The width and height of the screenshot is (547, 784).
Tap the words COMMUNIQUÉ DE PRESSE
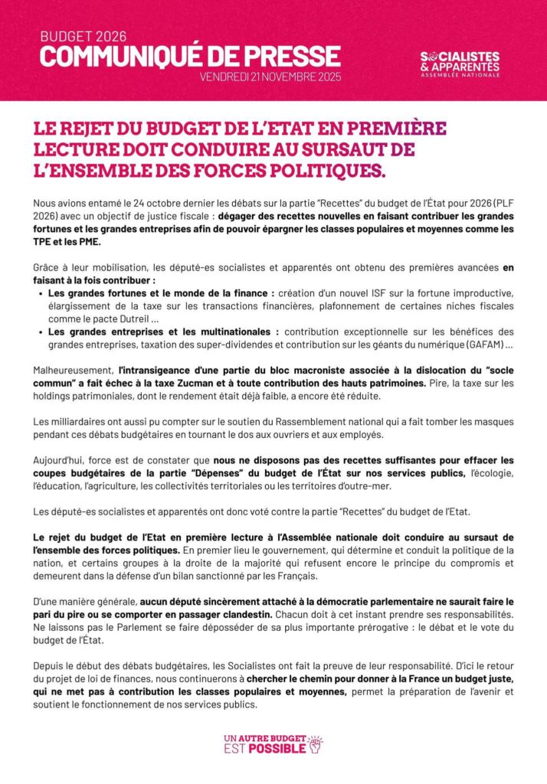[190, 56]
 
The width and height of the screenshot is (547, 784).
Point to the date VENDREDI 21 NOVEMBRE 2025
[270, 77]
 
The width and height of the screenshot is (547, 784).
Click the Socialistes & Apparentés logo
[460, 64]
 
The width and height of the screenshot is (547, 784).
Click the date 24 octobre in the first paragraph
[135, 201]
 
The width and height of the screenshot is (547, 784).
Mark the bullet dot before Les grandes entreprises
[40, 332]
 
